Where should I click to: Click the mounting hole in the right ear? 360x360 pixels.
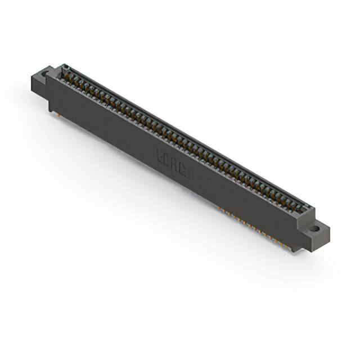point(315,228)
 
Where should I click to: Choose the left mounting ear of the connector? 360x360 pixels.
point(42,79)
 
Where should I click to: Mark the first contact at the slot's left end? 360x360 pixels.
point(66,71)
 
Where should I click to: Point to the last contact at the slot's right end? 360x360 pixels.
point(304,208)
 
